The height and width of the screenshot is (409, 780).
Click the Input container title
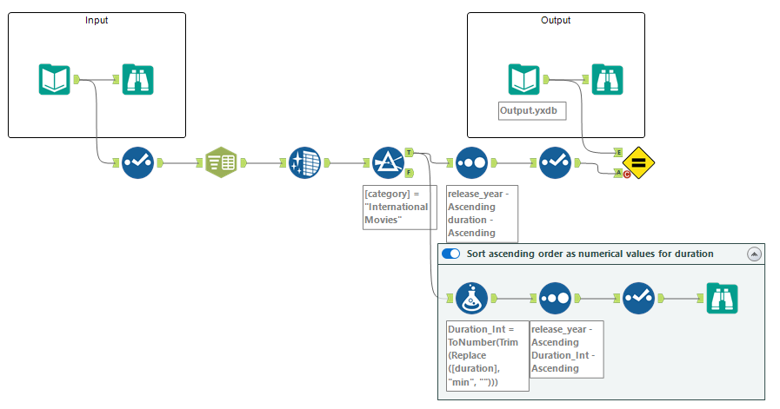(97, 20)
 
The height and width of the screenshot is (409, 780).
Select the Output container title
(556, 20)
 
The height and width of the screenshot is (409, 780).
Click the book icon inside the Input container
(54, 79)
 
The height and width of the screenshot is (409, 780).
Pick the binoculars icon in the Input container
(137, 79)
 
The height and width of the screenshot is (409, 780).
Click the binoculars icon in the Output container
(607, 79)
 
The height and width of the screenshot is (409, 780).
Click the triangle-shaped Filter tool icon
(388, 162)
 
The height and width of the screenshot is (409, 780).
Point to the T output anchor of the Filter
(409, 153)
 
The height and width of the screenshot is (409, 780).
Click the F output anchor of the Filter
(409, 173)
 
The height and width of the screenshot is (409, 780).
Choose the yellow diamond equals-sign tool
(639, 162)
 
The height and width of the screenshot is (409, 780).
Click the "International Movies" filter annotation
(399, 207)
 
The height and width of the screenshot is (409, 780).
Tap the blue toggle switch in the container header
(450, 254)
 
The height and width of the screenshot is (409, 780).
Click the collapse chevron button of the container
(754, 254)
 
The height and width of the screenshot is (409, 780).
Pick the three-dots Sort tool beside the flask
(555, 298)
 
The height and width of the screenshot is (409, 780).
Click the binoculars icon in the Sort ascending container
(722, 298)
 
